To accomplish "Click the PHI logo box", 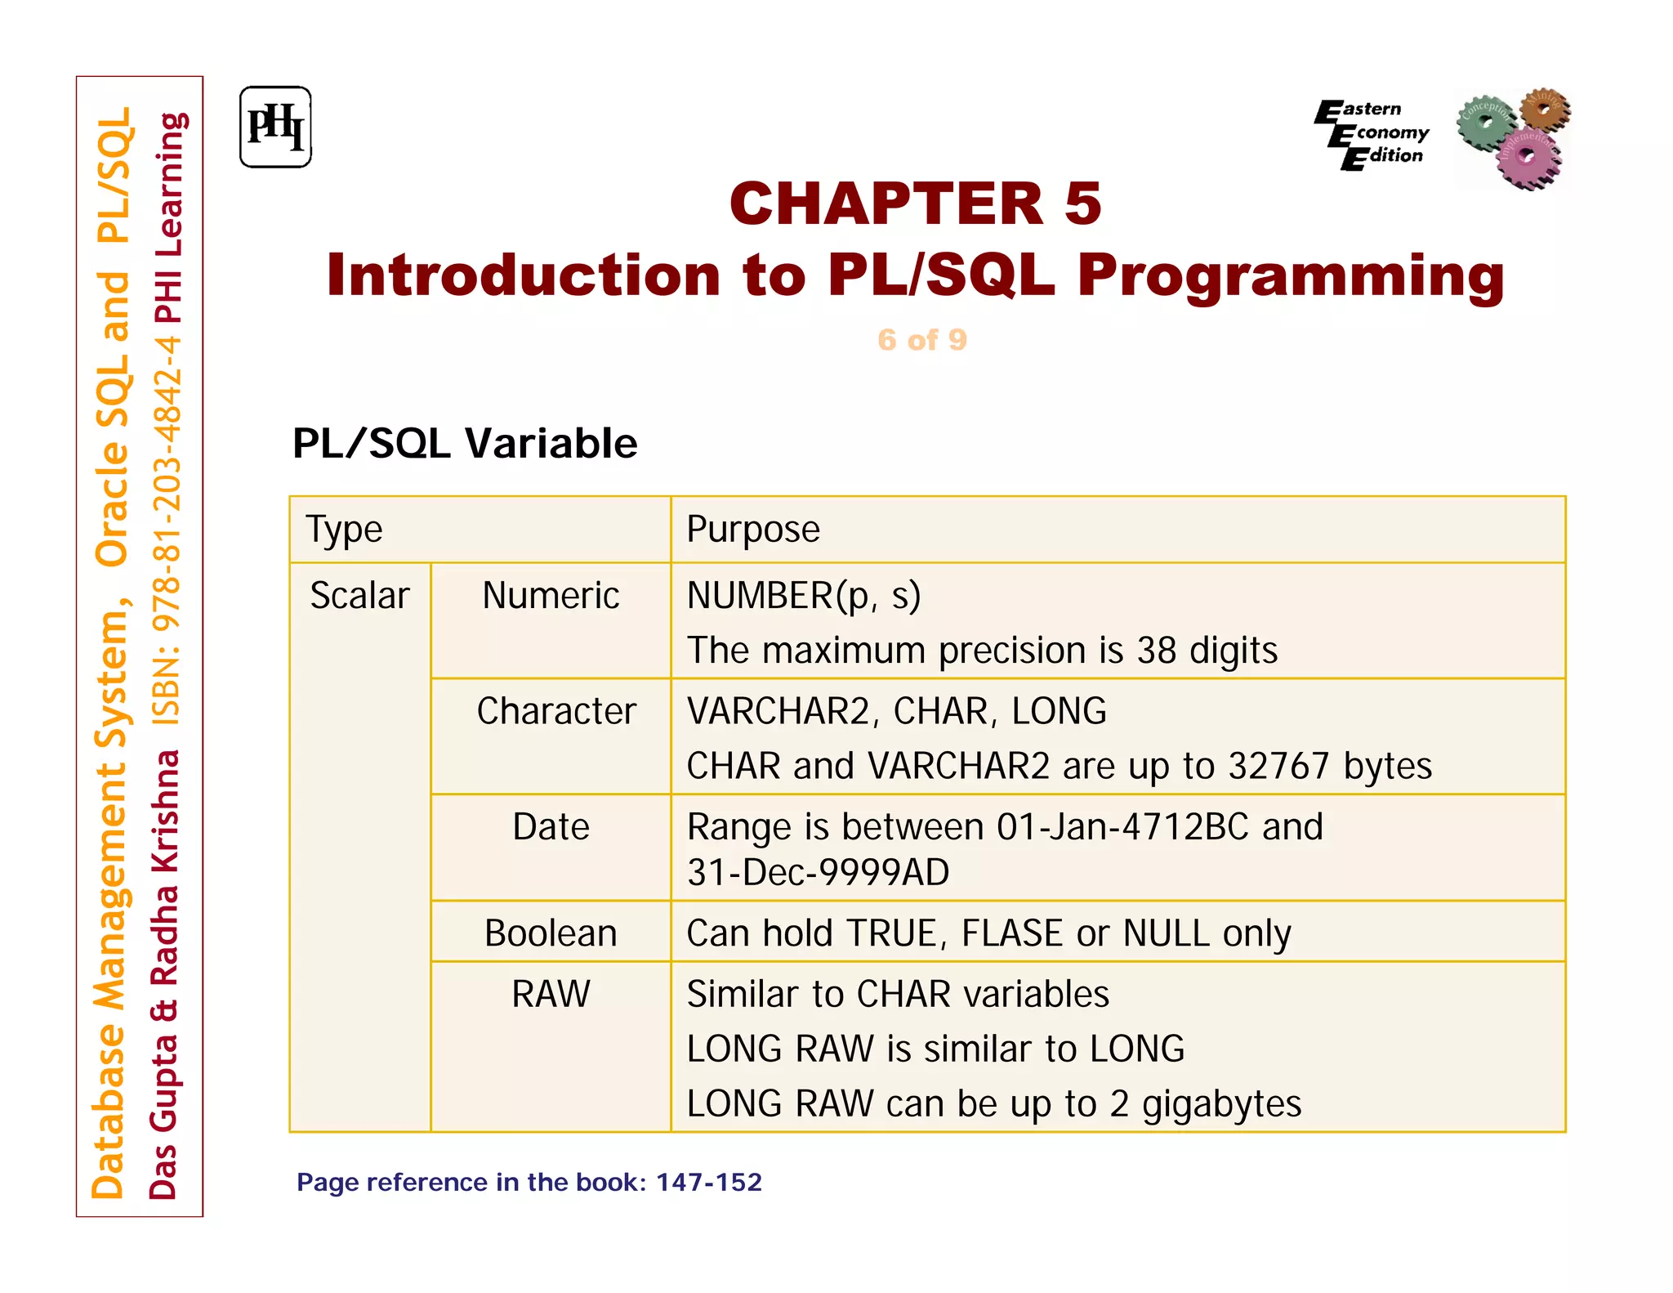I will coord(275,128).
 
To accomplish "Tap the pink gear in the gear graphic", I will coord(1528,158).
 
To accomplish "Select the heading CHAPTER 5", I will coord(915,204).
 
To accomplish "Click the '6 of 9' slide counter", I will coord(921,340).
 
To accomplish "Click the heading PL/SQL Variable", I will coord(464,444).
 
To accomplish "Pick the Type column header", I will coord(344,530).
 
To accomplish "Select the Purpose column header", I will coord(752,530).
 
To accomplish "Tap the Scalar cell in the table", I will coord(359,596).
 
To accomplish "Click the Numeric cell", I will coord(551,596).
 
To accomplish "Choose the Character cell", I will coord(555,711).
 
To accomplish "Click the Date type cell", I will coord(551,827).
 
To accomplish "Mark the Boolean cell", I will coord(551,933).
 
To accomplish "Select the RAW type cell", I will coord(551,995).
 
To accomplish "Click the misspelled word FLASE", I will coord(1011,933).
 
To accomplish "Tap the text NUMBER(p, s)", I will coord(804,596).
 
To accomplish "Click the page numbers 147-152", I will coord(708,1183).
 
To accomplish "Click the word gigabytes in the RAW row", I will coord(1220,1104).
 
